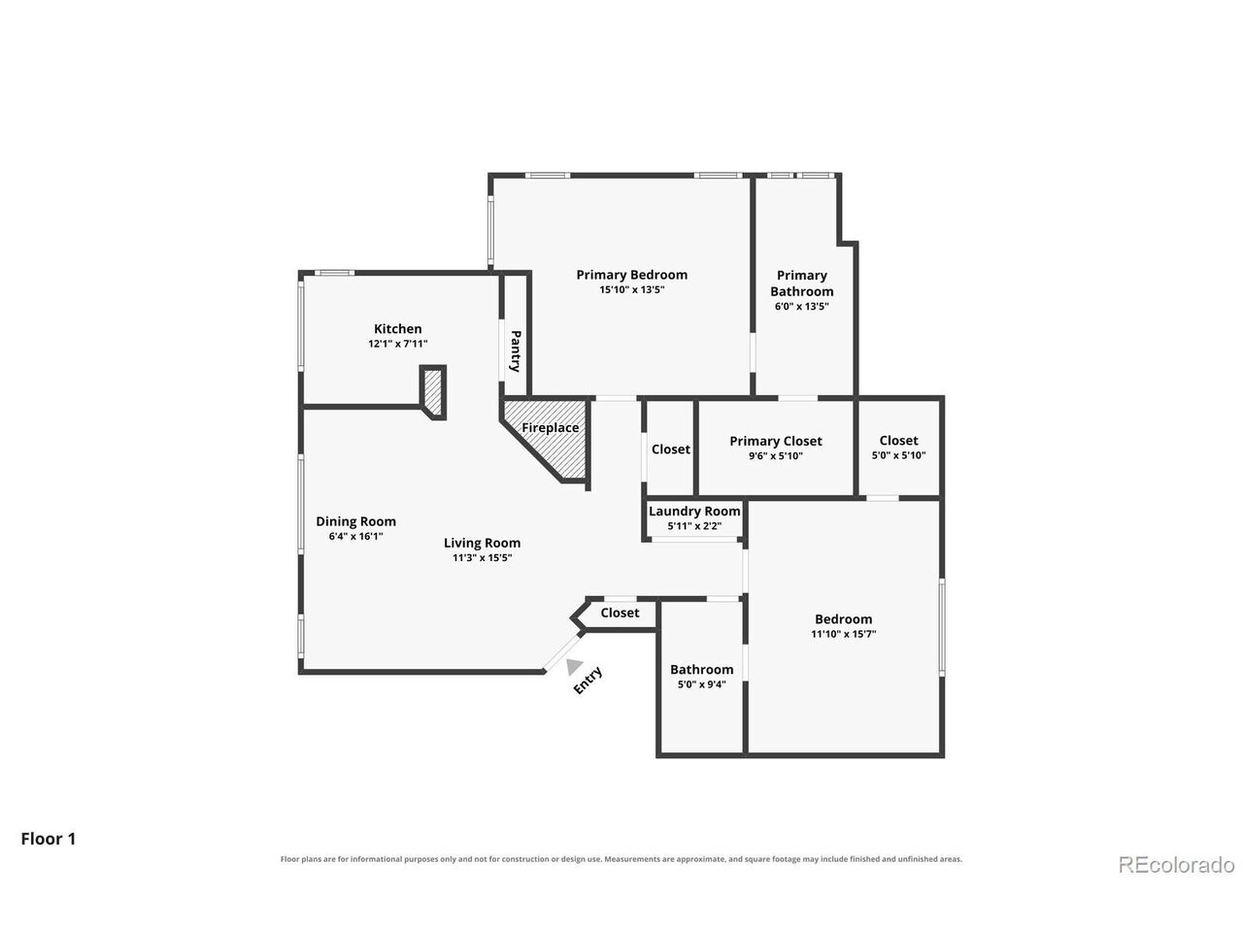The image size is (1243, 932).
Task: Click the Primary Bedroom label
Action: pos(631,275)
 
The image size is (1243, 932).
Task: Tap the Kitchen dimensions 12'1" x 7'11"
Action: pos(397,344)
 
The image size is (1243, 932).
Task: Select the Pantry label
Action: pos(516,350)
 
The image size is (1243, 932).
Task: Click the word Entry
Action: pos(588,681)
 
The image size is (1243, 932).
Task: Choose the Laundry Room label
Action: pos(694,511)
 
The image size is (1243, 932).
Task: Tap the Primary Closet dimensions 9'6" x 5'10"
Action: pos(775,456)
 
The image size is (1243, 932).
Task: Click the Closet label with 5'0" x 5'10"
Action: pos(898,440)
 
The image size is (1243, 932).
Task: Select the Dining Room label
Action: pos(355,521)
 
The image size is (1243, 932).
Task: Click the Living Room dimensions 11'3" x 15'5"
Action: pos(482,558)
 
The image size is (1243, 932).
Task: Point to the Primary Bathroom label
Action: pos(801,283)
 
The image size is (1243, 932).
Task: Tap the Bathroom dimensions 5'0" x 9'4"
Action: pos(702,684)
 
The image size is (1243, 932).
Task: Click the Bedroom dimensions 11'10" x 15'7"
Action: pos(843,634)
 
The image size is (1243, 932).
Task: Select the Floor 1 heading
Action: pos(49,839)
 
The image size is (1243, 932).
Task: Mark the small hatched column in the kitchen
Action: pos(433,392)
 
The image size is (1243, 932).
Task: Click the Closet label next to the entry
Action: pos(620,613)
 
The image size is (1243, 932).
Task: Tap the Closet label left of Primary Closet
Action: pos(670,449)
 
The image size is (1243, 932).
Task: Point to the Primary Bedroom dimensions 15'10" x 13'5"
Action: pos(631,289)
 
